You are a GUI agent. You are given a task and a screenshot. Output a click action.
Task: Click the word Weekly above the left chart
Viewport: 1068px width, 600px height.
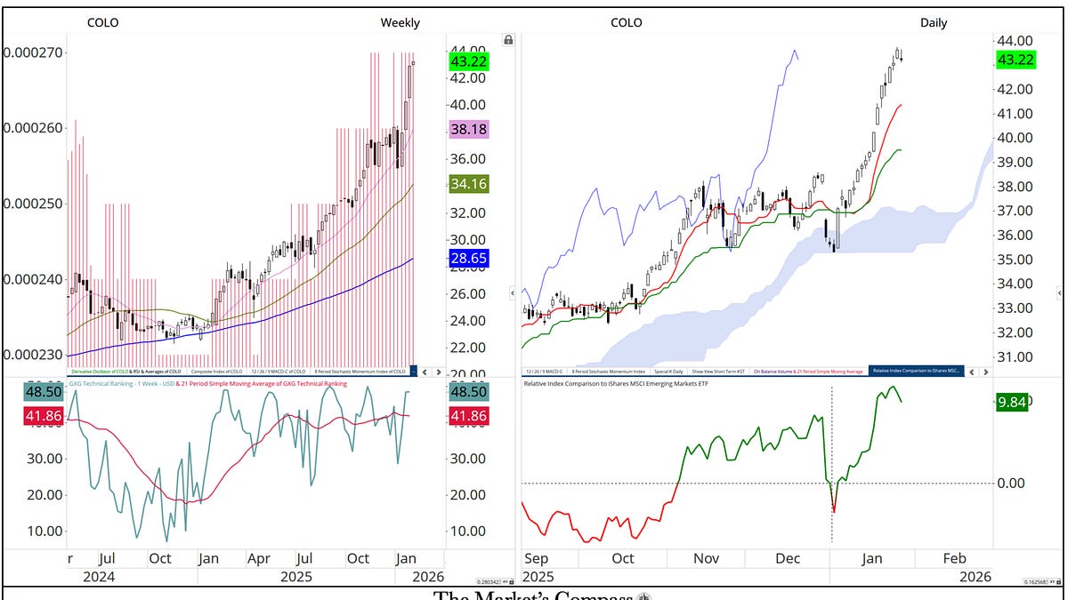tap(400, 23)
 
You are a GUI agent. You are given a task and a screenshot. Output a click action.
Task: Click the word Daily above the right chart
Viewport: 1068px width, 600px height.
tap(934, 23)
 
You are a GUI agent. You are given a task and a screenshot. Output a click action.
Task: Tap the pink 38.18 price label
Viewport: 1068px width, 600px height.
tap(469, 130)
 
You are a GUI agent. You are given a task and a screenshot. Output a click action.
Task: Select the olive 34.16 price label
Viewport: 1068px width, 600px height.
tap(469, 185)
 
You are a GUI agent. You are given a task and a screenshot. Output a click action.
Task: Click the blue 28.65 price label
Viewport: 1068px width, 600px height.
tap(469, 258)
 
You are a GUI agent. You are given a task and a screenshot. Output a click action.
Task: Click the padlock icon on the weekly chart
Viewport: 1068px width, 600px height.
tap(508, 40)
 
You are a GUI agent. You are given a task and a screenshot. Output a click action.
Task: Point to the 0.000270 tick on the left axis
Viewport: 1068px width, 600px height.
tap(32, 52)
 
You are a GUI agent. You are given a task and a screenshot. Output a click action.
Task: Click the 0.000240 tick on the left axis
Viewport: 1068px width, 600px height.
tap(32, 279)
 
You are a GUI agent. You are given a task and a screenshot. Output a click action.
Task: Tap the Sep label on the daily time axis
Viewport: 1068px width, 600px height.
tap(536, 558)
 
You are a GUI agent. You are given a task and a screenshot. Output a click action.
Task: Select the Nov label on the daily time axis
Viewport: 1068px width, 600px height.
tap(706, 558)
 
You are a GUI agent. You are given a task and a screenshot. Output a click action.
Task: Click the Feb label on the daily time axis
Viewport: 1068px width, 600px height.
tap(954, 558)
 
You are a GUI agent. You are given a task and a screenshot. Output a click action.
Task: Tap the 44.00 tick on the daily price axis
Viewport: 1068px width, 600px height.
tap(1015, 41)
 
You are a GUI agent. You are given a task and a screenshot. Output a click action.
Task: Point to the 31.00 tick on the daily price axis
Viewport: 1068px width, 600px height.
tap(1015, 357)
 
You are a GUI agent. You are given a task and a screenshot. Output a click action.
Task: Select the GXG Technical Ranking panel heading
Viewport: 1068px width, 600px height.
tap(178, 383)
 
